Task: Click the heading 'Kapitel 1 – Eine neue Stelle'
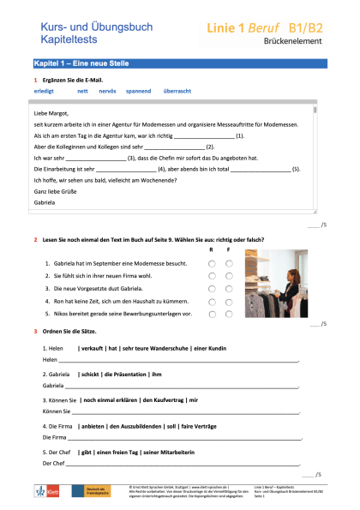pyautogui.click(x=75, y=64)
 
